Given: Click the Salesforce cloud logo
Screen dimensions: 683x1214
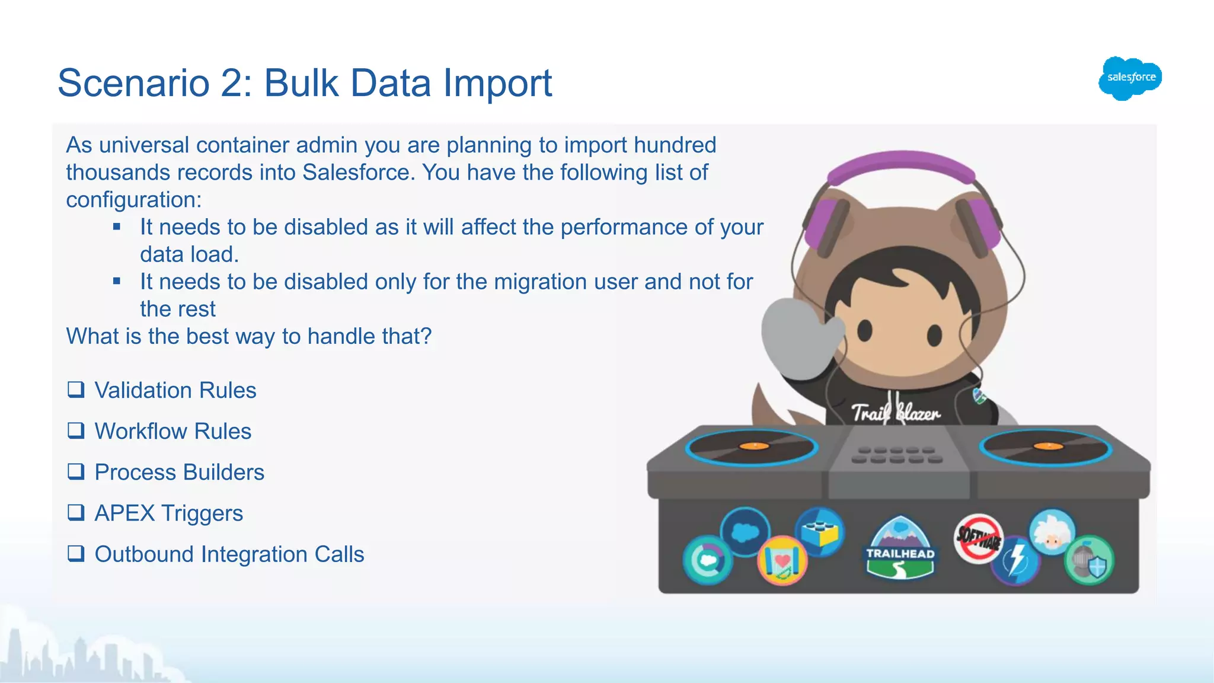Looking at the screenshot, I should click(x=1130, y=78).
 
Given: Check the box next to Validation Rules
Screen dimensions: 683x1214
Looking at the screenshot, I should click(x=76, y=390).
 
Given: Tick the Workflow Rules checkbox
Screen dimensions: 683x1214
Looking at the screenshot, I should click(x=76, y=430).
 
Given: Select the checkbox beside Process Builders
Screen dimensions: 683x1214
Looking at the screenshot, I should click(x=76, y=471).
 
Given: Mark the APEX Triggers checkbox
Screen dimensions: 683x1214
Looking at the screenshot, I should click(x=76, y=512).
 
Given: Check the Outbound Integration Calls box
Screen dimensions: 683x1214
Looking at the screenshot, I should click(x=76, y=553).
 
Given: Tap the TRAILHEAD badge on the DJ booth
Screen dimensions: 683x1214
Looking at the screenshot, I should click(x=900, y=548).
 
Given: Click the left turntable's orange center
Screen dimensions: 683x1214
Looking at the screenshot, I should click(x=754, y=446).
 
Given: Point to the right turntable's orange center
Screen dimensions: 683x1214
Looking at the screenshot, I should click(x=1047, y=446).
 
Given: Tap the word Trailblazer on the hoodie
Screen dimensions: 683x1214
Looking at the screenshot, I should click(x=895, y=412).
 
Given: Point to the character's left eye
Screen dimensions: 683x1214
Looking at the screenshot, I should click(x=865, y=330).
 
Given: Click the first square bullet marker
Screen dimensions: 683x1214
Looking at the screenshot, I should click(x=117, y=226).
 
